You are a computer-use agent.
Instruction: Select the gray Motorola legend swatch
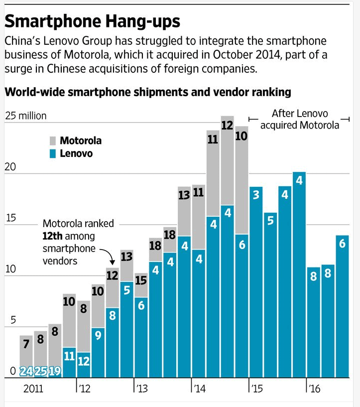point(53,141)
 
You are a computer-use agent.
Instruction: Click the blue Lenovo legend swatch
point(53,153)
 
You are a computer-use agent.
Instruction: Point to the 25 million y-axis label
point(26,116)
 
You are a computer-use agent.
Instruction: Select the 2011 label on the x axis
point(33,389)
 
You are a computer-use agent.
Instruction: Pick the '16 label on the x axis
point(314,389)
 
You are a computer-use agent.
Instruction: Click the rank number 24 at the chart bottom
point(26,372)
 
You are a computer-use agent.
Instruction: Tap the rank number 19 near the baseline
point(55,372)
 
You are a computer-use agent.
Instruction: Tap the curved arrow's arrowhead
point(112,263)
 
